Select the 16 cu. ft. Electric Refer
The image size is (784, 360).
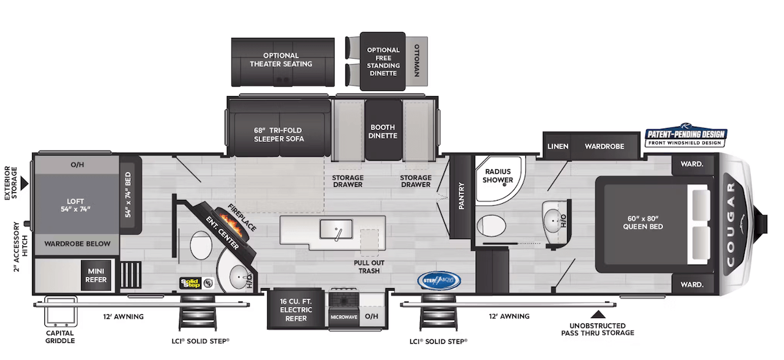pos(296,309)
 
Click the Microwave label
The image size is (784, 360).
pos(344,317)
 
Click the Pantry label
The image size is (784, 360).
pos(461,195)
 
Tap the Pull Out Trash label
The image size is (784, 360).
pos(368,267)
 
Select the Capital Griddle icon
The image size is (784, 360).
pos(61,314)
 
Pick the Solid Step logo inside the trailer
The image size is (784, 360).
pos(189,282)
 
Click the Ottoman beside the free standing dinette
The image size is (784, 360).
pos(418,61)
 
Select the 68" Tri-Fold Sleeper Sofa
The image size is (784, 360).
pos(279,129)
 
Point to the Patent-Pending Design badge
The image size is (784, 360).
pos(685,137)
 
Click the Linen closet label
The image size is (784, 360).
pos(557,146)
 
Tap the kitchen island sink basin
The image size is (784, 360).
pos(336,229)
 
